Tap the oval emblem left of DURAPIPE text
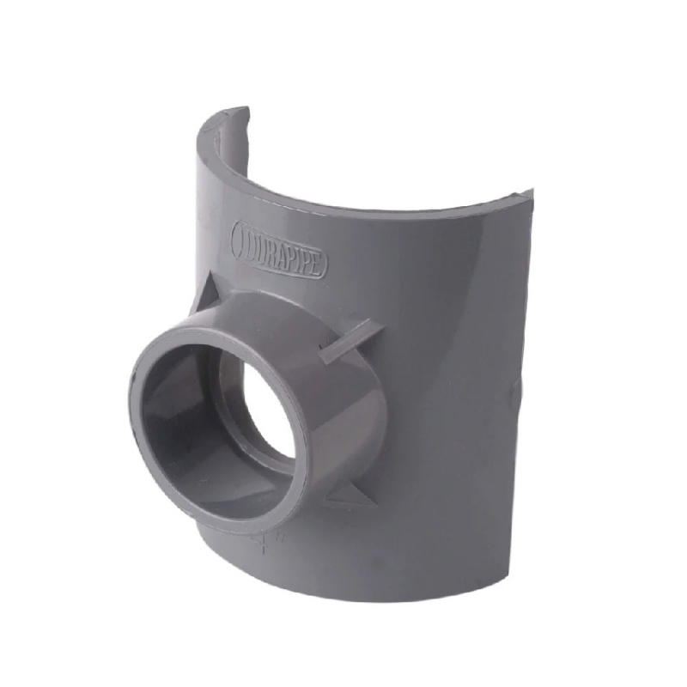click(244, 239)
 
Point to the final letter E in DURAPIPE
click(318, 265)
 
